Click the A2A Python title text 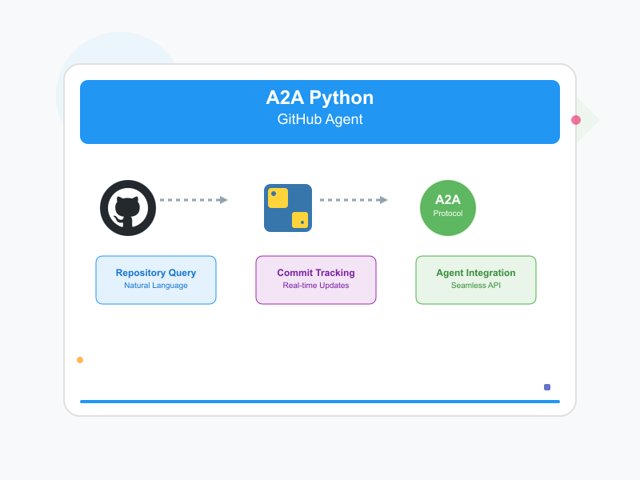pyautogui.click(x=320, y=98)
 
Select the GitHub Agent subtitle pyautogui.click(x=320, y=120)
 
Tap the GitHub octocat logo pyautogui.click(x=128, y=208)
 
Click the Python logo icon pyautogui.click(x=288, y=208)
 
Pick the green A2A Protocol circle pyautogui.click(x=448, y=208)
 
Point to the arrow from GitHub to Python pyautogui.click(x=194, y=200)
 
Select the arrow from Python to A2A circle pyautogui.click(x=354, y=200)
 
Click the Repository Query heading pyautogui.click(x=156, y=273)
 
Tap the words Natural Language pyautogui.click(x=156, y=286)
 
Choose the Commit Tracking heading pyautogui.click(x=316, y=273)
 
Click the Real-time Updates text pyautogui.click(x=316, y=286)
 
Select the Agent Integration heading pyautogui.click(x=476, y=273)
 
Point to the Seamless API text pyautogui.click(x=476, y=286)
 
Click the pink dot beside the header pyautogui.click(x=576, y=120)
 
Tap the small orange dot pyautogui.click(x=80, y=360)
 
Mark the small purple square pyautogui.click(x=547, y=387)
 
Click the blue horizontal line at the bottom pyautogui.click(x=320, y=402)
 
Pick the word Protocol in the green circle pyautogui.click(x=448, y=214)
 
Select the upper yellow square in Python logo pyautogui.click(x=278, y=198)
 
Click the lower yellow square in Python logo pyautogui.click(x=300, y=220)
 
